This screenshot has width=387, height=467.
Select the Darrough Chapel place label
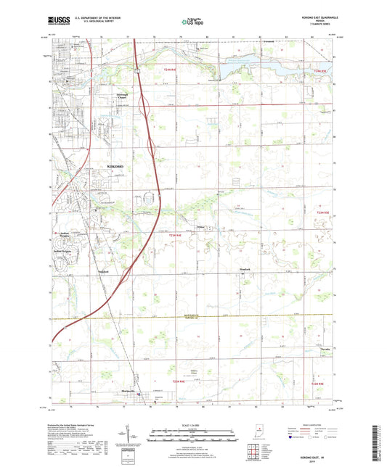127,96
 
